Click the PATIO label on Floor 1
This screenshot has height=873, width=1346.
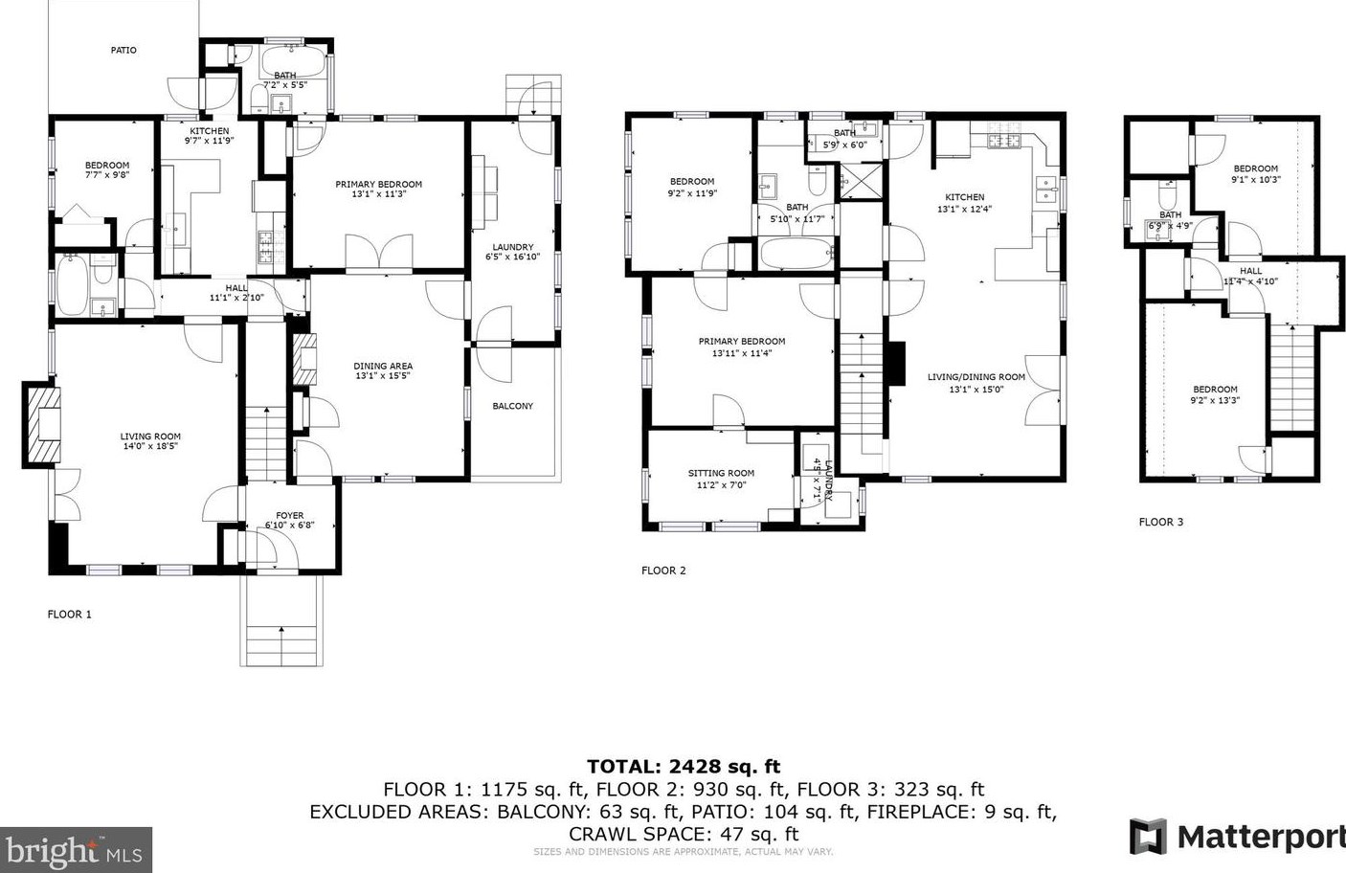(123, 50)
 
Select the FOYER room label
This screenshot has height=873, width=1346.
(289, 515)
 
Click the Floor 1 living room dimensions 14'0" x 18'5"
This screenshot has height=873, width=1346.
(150, 446)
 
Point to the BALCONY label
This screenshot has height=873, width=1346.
(512, 406)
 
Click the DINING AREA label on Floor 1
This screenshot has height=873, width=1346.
(383, 366)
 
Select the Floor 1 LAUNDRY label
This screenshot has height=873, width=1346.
(512, 247)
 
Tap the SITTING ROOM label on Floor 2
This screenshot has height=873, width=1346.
(721, 473)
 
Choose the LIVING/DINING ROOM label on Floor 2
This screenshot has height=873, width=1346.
(976, 377)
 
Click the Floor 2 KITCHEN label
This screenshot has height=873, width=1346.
(964, 197)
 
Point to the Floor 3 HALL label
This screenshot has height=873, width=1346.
(1250, 271)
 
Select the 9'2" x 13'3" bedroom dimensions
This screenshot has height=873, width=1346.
(1215, 400)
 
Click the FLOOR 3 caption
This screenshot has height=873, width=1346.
(1160, 522)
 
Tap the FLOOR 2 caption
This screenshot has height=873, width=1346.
(663, 571)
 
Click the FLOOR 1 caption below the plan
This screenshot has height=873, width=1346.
(70, 614)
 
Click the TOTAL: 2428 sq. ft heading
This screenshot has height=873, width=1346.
(683, 766)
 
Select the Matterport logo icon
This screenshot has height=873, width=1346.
(1148, 837)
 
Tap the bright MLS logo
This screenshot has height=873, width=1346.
(76, 849)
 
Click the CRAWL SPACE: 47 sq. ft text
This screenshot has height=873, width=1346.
(683, 834)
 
